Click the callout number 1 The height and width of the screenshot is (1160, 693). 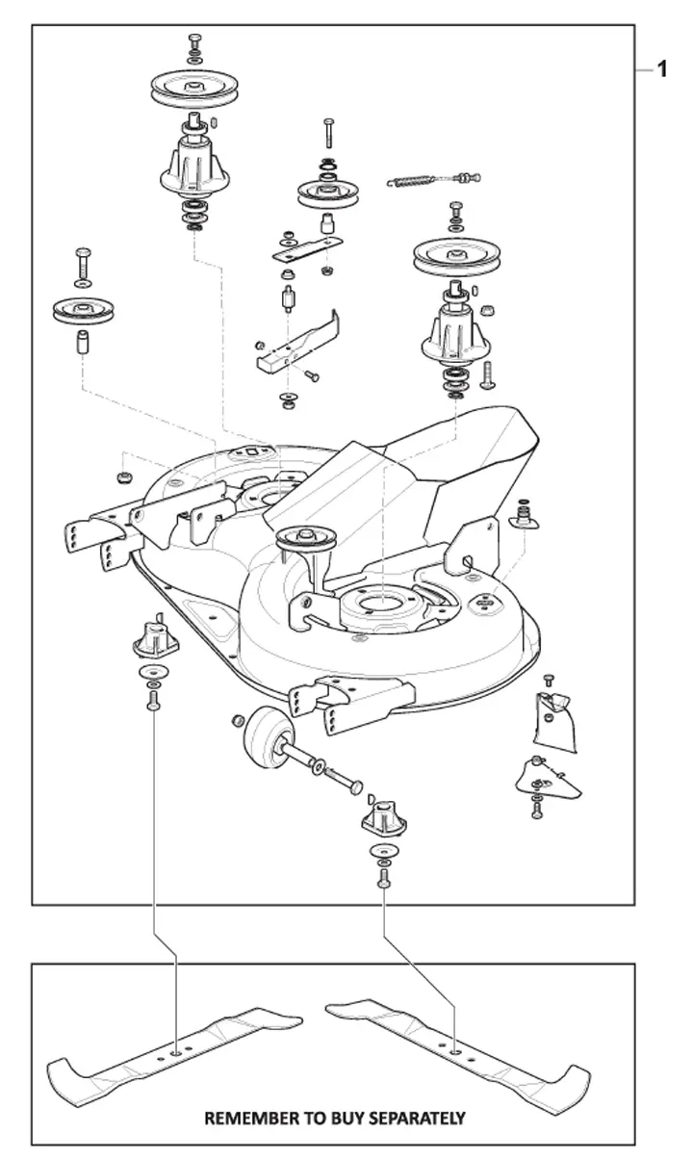662,69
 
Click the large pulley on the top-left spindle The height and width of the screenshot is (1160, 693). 194,87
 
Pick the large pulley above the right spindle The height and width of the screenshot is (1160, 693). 456,257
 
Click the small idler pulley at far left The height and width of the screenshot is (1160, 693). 83,311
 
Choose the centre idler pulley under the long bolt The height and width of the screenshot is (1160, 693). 328,193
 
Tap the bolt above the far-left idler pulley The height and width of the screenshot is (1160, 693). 83,264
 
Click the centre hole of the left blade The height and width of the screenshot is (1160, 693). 176,1053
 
